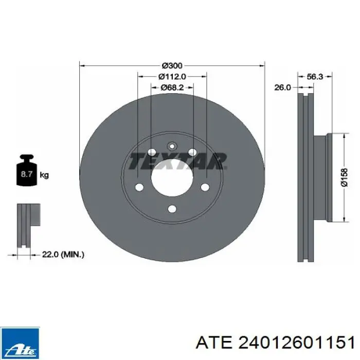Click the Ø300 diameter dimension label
[x=172, y=66]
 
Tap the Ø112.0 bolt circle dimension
[x=172, y=77]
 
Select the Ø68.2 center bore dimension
[x=172, y=87]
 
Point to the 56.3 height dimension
[x=315, y=77]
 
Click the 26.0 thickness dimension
[x=282, y=87]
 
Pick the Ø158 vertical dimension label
[x=345, y=177]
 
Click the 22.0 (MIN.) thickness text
[x=63, y=255]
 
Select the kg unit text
[x=44, y=175]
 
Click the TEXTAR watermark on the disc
[x=178, y=161]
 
